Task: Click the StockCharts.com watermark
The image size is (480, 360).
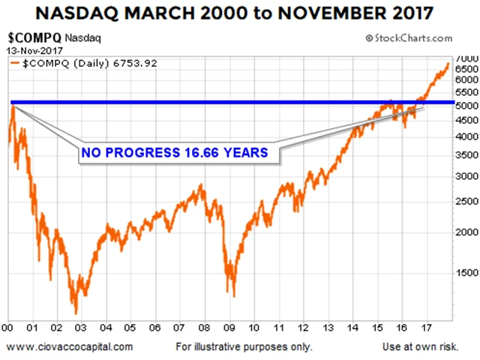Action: coord(413,38)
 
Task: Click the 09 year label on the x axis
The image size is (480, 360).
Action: coord(229,327)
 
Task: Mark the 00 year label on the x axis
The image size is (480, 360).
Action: coord(7,327)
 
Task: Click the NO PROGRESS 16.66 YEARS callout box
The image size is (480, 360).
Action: coord(175,153)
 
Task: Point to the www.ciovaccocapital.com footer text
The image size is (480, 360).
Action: coord(70,346)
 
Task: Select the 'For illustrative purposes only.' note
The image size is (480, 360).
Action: coord(244,346)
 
